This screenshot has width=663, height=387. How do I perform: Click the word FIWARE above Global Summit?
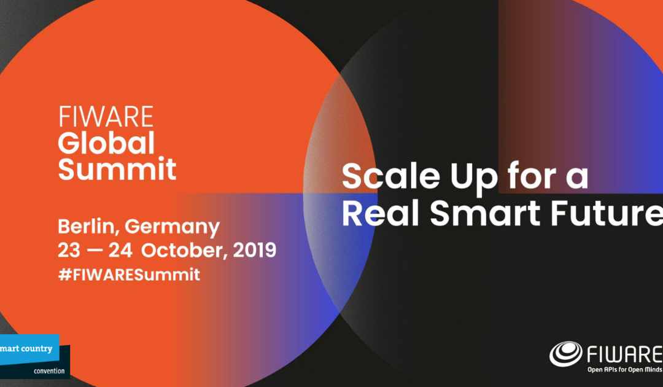click(106, 117)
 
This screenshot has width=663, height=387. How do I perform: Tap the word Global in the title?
click(106, 143)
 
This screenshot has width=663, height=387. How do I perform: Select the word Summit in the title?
click(117, 169)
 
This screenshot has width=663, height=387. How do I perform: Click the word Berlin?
click(88, 228)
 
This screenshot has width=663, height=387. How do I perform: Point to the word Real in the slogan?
click(381, 213)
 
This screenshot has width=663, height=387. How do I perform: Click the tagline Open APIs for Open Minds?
click(619, 370)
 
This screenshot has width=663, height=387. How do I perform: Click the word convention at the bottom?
click(49, 370)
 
